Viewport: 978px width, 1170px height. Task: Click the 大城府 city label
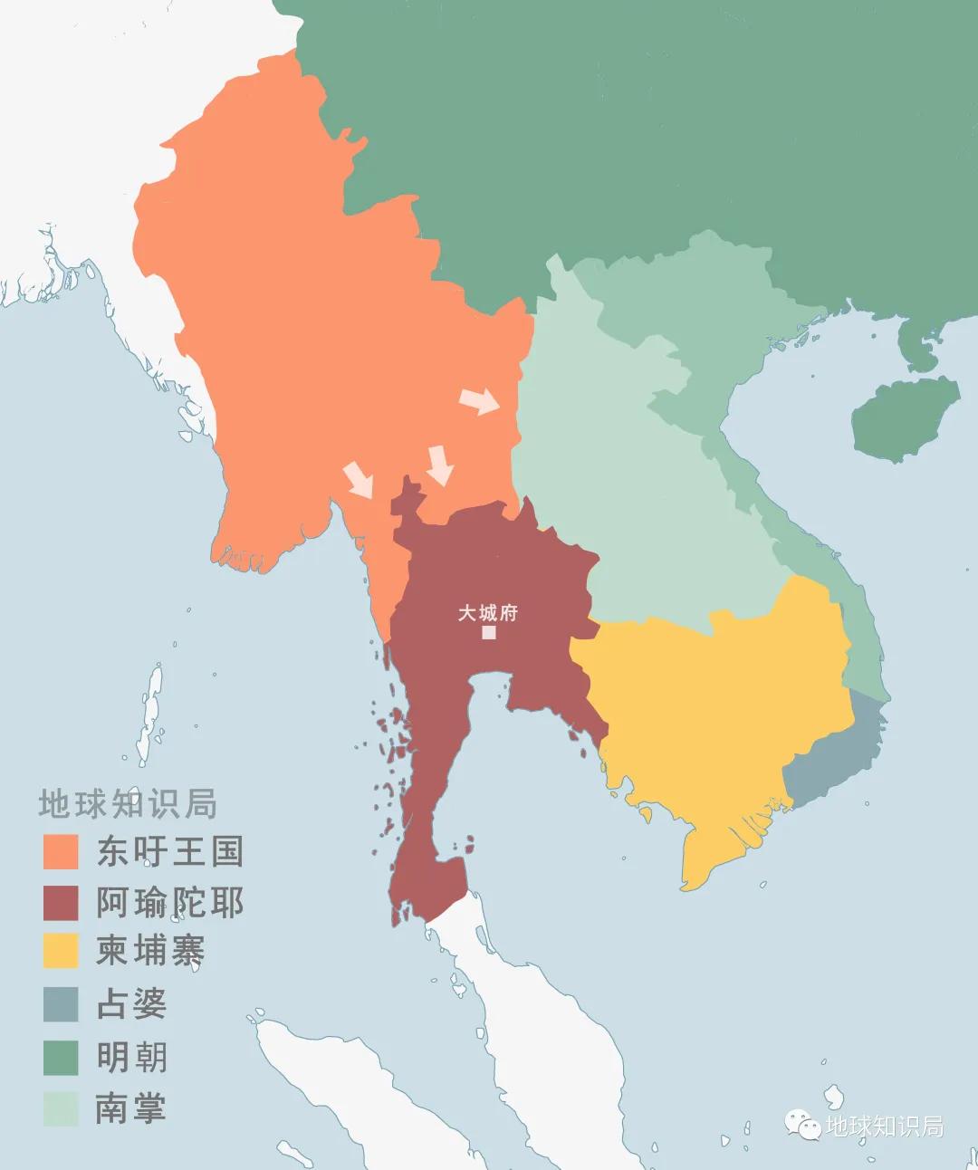[487, 612]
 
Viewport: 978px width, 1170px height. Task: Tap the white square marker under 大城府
[489, 632]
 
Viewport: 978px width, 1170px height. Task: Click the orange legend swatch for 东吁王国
[61, 851]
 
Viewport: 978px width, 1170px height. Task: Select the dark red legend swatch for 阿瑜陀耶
[61, 903]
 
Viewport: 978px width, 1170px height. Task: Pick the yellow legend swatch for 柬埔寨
[61, 951]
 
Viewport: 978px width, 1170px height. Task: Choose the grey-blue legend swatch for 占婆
[61, 1004]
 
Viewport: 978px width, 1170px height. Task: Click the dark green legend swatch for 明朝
[61, 1057]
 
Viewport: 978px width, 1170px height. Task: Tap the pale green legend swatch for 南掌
[61, 1108]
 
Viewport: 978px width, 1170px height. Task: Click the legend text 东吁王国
[170, 851]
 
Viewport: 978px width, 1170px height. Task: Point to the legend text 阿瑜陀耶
[170, 903]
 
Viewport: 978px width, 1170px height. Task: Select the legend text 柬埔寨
[150, 951]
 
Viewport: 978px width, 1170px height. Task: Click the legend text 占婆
[132, 1004]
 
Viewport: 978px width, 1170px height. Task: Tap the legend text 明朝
[132, 1057]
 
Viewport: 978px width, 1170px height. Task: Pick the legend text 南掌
[132, 1108]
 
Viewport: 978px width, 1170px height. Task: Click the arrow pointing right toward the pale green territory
[479, 401]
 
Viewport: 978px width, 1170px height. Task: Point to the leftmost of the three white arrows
[358, 479]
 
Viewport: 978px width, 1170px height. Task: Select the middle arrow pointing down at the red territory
[440, 465]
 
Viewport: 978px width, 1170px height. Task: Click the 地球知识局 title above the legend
[128, 804]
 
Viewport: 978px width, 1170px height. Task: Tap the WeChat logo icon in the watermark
[803, 1125]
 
